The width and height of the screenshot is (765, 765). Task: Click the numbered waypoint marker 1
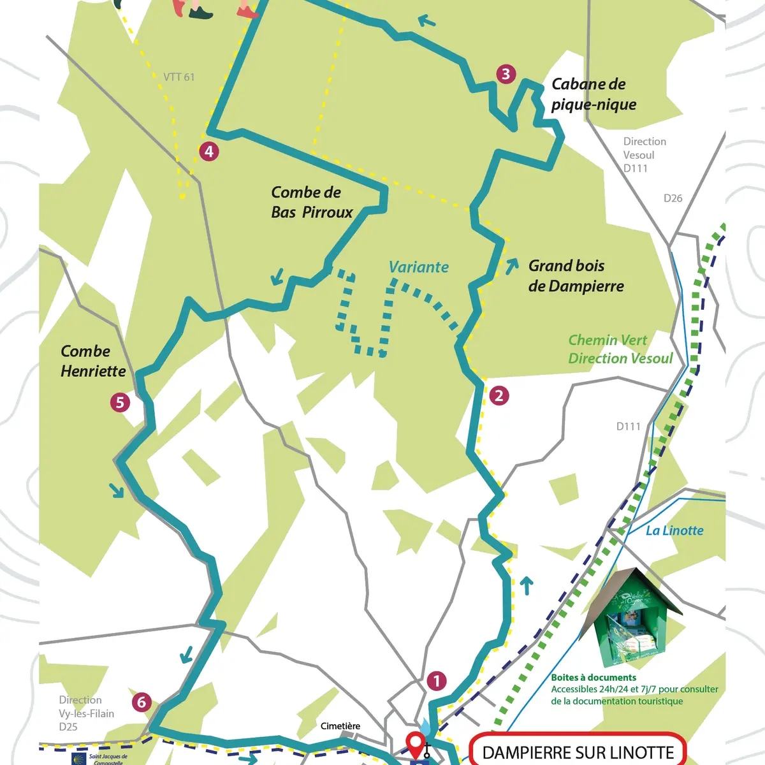point(437,681)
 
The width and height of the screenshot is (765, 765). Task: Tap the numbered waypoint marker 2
point(499,396)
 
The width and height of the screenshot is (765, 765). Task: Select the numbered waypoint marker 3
point(506,74)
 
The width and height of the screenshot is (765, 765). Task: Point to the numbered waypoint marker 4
point(208,152)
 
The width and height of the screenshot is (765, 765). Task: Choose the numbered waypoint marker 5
point(120,402)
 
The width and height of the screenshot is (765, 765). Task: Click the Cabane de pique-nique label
point(593,94)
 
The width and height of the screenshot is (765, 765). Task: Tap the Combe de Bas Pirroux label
point(311,202)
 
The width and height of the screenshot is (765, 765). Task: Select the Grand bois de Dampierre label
point(576,275)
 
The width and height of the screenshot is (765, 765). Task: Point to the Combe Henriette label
point(93,361)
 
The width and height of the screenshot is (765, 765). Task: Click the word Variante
point(418,267)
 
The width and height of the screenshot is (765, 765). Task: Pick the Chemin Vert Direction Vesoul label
point(620,349)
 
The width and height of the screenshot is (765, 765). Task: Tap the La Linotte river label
point(674,530)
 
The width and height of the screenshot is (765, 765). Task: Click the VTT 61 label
point(179,77)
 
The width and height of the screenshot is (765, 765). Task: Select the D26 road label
point(673,198)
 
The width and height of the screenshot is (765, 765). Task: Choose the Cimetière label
point(340,726)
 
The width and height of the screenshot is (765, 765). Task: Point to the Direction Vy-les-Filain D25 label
point(86,713)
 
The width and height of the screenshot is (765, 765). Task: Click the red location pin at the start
point(416,743)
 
